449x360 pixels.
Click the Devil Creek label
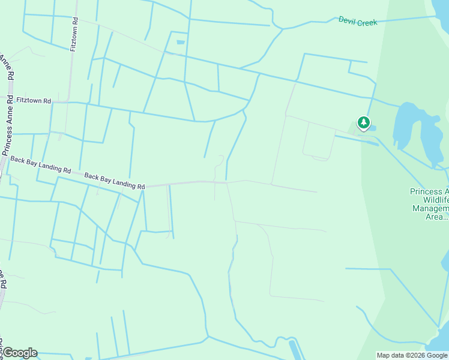358,22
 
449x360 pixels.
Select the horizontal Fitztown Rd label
34,100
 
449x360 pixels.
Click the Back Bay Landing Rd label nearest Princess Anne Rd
40,165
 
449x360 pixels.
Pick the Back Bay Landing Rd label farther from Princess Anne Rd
115,181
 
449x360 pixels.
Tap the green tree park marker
363,123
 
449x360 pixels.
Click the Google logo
19,353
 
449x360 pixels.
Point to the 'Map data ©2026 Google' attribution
412,355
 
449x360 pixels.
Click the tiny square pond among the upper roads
181,42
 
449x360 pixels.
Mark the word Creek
367,22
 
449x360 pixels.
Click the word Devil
347,20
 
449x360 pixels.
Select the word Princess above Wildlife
428,191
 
